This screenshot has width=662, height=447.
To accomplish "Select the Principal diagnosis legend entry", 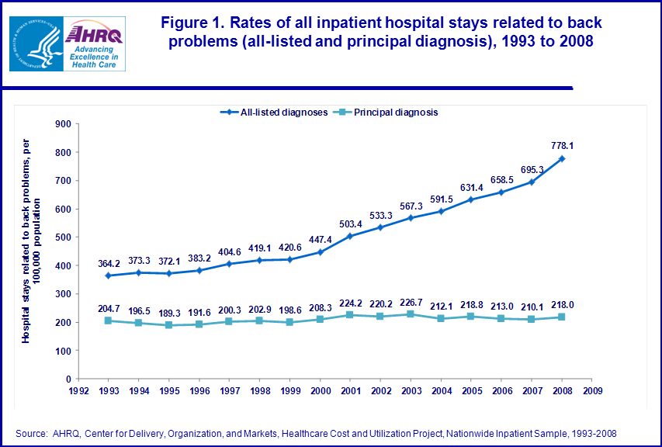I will (x=388, y=112).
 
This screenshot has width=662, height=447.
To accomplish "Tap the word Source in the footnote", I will (x=30, y=432).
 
